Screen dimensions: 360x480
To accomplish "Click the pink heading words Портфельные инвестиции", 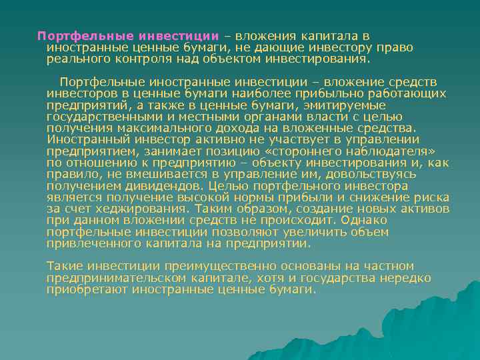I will [x=127, y=35].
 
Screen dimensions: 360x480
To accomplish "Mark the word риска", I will [x=432, y=197].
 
